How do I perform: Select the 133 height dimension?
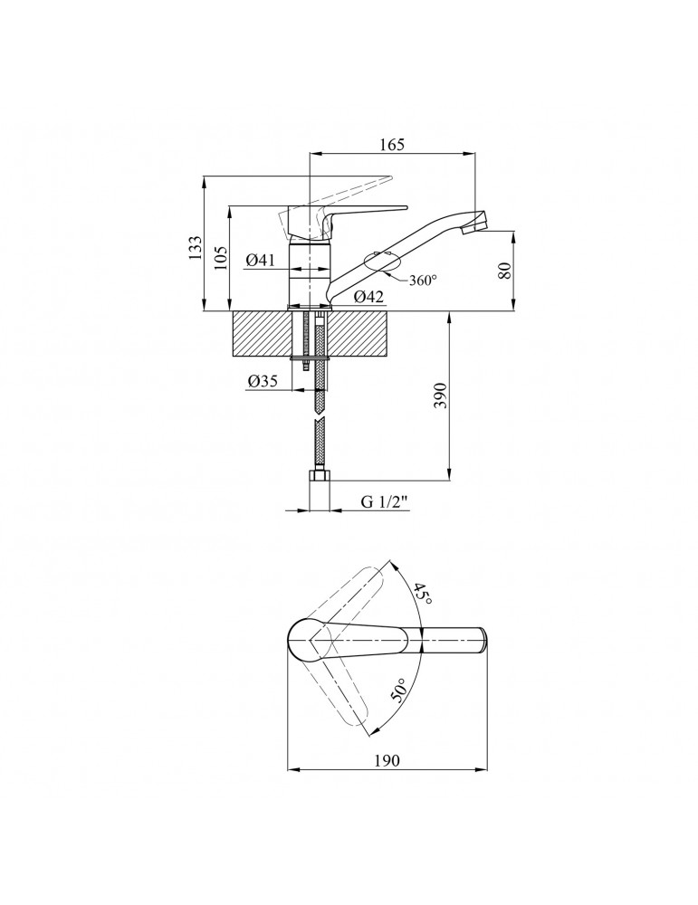point(196,247)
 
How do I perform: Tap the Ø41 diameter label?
point(259,261)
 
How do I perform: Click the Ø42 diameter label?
point(369,297)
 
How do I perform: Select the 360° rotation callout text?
point(423,281)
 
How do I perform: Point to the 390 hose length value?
point(441,395)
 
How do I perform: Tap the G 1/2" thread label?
point(385,502)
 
